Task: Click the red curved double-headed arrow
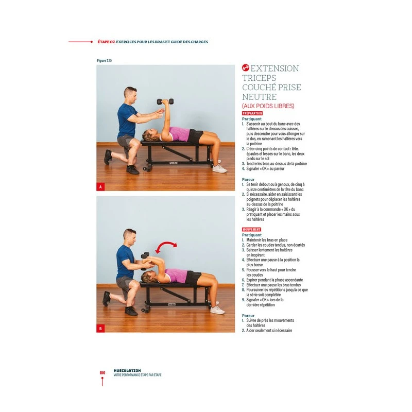166,248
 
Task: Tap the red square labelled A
100,187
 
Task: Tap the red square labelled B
100,328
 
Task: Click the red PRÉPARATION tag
252,113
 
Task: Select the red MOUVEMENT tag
251,229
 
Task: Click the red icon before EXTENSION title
246,68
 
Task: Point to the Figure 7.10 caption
105,61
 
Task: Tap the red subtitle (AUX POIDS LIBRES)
268,106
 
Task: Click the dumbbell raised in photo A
165,101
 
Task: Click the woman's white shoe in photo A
219,169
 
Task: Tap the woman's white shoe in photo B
217,310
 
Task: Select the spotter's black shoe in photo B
131,311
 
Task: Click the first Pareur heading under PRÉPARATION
248,180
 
